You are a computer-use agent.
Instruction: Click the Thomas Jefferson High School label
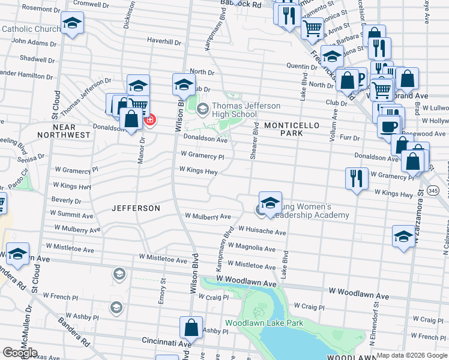246,110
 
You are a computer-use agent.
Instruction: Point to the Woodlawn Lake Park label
264,323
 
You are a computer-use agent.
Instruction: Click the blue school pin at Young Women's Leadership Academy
270,203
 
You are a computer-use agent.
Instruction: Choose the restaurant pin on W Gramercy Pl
357,179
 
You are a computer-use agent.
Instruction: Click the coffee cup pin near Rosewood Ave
389,127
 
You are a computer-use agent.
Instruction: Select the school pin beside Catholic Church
72,23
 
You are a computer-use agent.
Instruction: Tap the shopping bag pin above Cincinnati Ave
191,328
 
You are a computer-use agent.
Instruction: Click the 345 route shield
433,190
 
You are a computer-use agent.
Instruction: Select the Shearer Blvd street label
255,141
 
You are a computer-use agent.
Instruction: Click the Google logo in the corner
20,352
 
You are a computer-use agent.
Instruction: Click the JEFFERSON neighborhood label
136,208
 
